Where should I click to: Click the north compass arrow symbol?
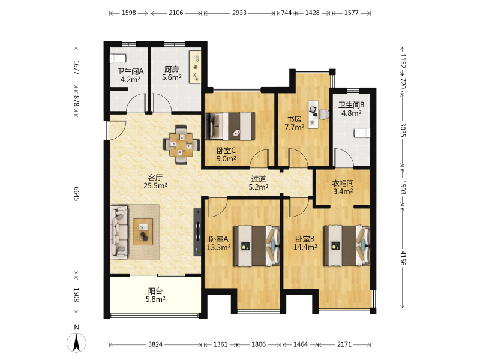pyautogui.click(x=76, y=343)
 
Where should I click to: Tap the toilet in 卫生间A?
pyautogui.click(x=118, y=58)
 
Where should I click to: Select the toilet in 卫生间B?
pyautogui.click(x=362, y=133)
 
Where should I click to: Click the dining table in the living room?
pyautogui.click(x=181, y=145)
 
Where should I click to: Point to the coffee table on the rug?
pyautogui.click(x=143, y=232)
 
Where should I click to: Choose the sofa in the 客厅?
pyautogui.click(x=119, y=231)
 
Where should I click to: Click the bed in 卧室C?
pyautogui.click(x=230, y=126)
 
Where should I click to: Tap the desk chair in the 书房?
pyautogui.click(x=324, y=114)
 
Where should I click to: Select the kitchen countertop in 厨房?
pyautogui.click(x=195, y=67)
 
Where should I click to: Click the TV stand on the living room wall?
pyautogui.click(x=198, y=232)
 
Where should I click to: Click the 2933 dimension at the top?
pyautogui.click(x=239, y=13)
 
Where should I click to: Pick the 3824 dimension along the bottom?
pyautogui.click(x=155, y=344)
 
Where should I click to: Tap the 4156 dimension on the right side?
pyautogui.click(x=403, y=258)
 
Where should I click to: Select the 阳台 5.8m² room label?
pyautogui.click(x=155, y=295)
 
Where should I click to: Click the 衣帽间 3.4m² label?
pyautogui.click(x=343, y=187)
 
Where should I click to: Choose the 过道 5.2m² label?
pyautogui.click(x=259, y=183)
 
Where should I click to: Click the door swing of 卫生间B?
pyautogui.click(x=344, y=158)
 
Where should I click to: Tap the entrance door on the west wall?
pyautogui.click(x=116, y=130)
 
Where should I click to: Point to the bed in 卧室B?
pyautogui.click(x=347, y=245)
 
